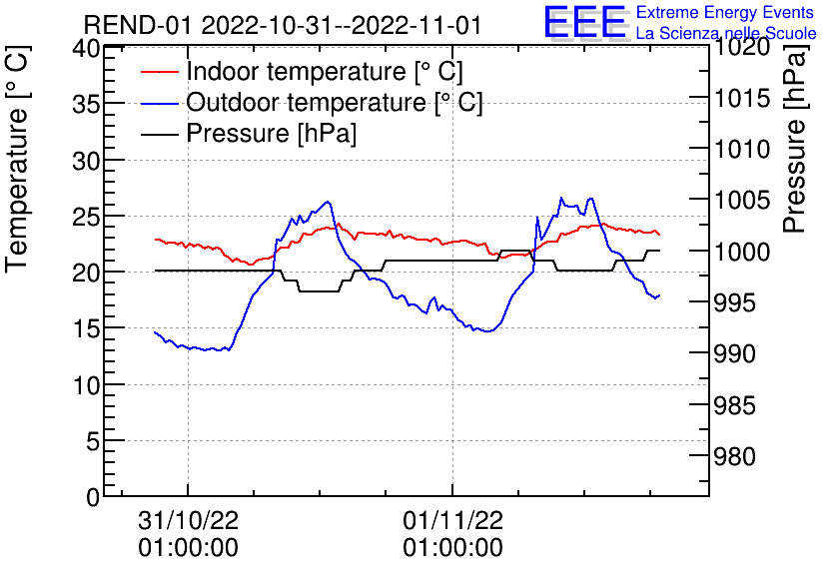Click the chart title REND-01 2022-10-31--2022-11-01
click(x=283, y=25)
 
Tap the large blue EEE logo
click(x=584, y=22)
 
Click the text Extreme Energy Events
click(x=725, y=13)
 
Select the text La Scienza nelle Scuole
click(x=725, y=34)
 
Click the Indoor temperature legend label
click(x=325, y=72)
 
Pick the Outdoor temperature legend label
click(x=335, y=103)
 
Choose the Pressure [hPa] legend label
click(x=272, y=134)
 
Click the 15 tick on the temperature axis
click(x=87, y=328)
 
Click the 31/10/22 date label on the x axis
click(x=188, y=521)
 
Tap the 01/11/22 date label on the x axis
click(x=452, y=521)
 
